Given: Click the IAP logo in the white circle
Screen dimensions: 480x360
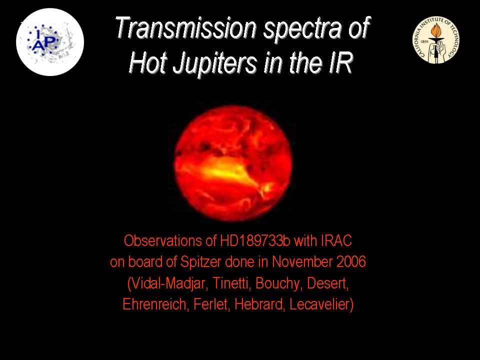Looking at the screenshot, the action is click(x=50, y=42).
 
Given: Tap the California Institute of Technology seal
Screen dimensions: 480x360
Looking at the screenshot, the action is click(x=436, y=40).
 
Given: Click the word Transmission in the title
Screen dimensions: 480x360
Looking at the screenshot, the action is click(x=185, y=28).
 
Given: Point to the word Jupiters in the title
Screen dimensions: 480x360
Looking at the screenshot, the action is click(x=214, y=63).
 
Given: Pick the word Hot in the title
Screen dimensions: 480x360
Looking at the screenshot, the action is click(x=148, y=63).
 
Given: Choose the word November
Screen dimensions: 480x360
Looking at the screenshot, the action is click(x=302, y=262).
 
